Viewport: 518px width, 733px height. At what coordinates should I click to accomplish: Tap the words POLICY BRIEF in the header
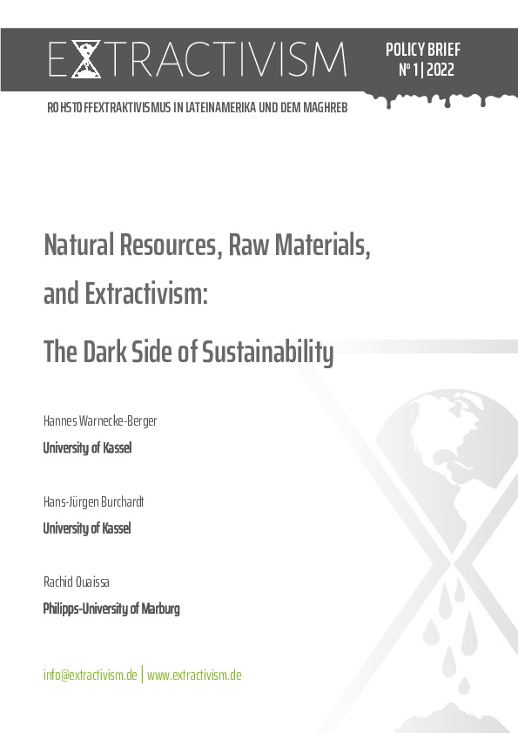click(x=423, y=50)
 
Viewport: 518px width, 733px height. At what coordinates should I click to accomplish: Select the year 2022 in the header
click(x=441, y=71)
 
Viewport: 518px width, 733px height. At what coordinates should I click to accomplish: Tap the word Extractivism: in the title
click(x=145, y=294)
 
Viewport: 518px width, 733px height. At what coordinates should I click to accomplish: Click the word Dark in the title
click(x=107, y=352)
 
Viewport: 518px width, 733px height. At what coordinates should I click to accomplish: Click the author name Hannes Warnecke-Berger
click(x=100, y=421)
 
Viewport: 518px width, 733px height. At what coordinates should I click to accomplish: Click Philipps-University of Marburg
click(x=111, y=609)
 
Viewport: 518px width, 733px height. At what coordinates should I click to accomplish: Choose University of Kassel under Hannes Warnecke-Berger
click(x=87, y=448)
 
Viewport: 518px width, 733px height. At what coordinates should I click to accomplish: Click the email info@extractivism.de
click(x=91, y=676)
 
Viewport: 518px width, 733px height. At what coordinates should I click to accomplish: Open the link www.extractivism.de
click(x=194, y=676)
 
